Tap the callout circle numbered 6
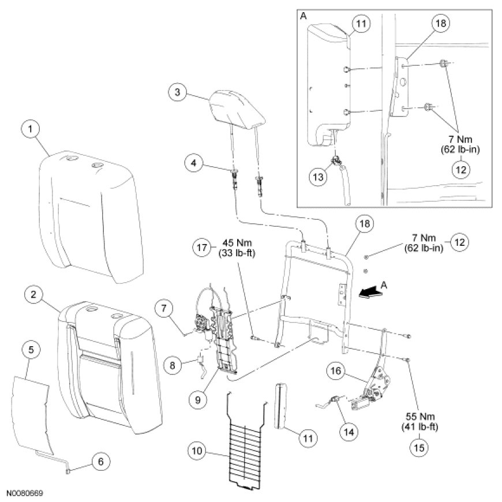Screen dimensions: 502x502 pyautogui.click(x=101, y=462)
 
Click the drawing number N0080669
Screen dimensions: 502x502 pyautogui.click(x=25, y=494)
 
